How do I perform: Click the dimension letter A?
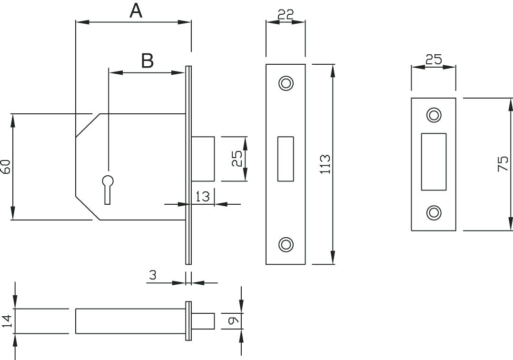coord(136,10)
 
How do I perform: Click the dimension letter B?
coord(147,61)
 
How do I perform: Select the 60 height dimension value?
coord(6,167)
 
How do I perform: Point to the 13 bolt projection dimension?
coord(203,196)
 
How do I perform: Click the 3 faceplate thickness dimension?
coord(153,275)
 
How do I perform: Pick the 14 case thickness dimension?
coord(7,321)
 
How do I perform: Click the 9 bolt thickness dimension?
coord(233,321)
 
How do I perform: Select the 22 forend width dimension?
coord(285,14)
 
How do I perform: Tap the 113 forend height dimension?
coord(325,164)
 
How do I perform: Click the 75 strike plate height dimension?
coord(504,164)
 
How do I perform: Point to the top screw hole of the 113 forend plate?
coord(286,83)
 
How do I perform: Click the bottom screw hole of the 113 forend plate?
coord(286,245)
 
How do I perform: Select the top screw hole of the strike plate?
coord(434,115)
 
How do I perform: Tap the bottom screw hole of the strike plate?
coord(434,212)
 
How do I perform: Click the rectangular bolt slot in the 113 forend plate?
coord(286,159)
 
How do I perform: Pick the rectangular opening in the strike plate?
coord(434,161)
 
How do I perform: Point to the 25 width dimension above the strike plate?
coord(434,60)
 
